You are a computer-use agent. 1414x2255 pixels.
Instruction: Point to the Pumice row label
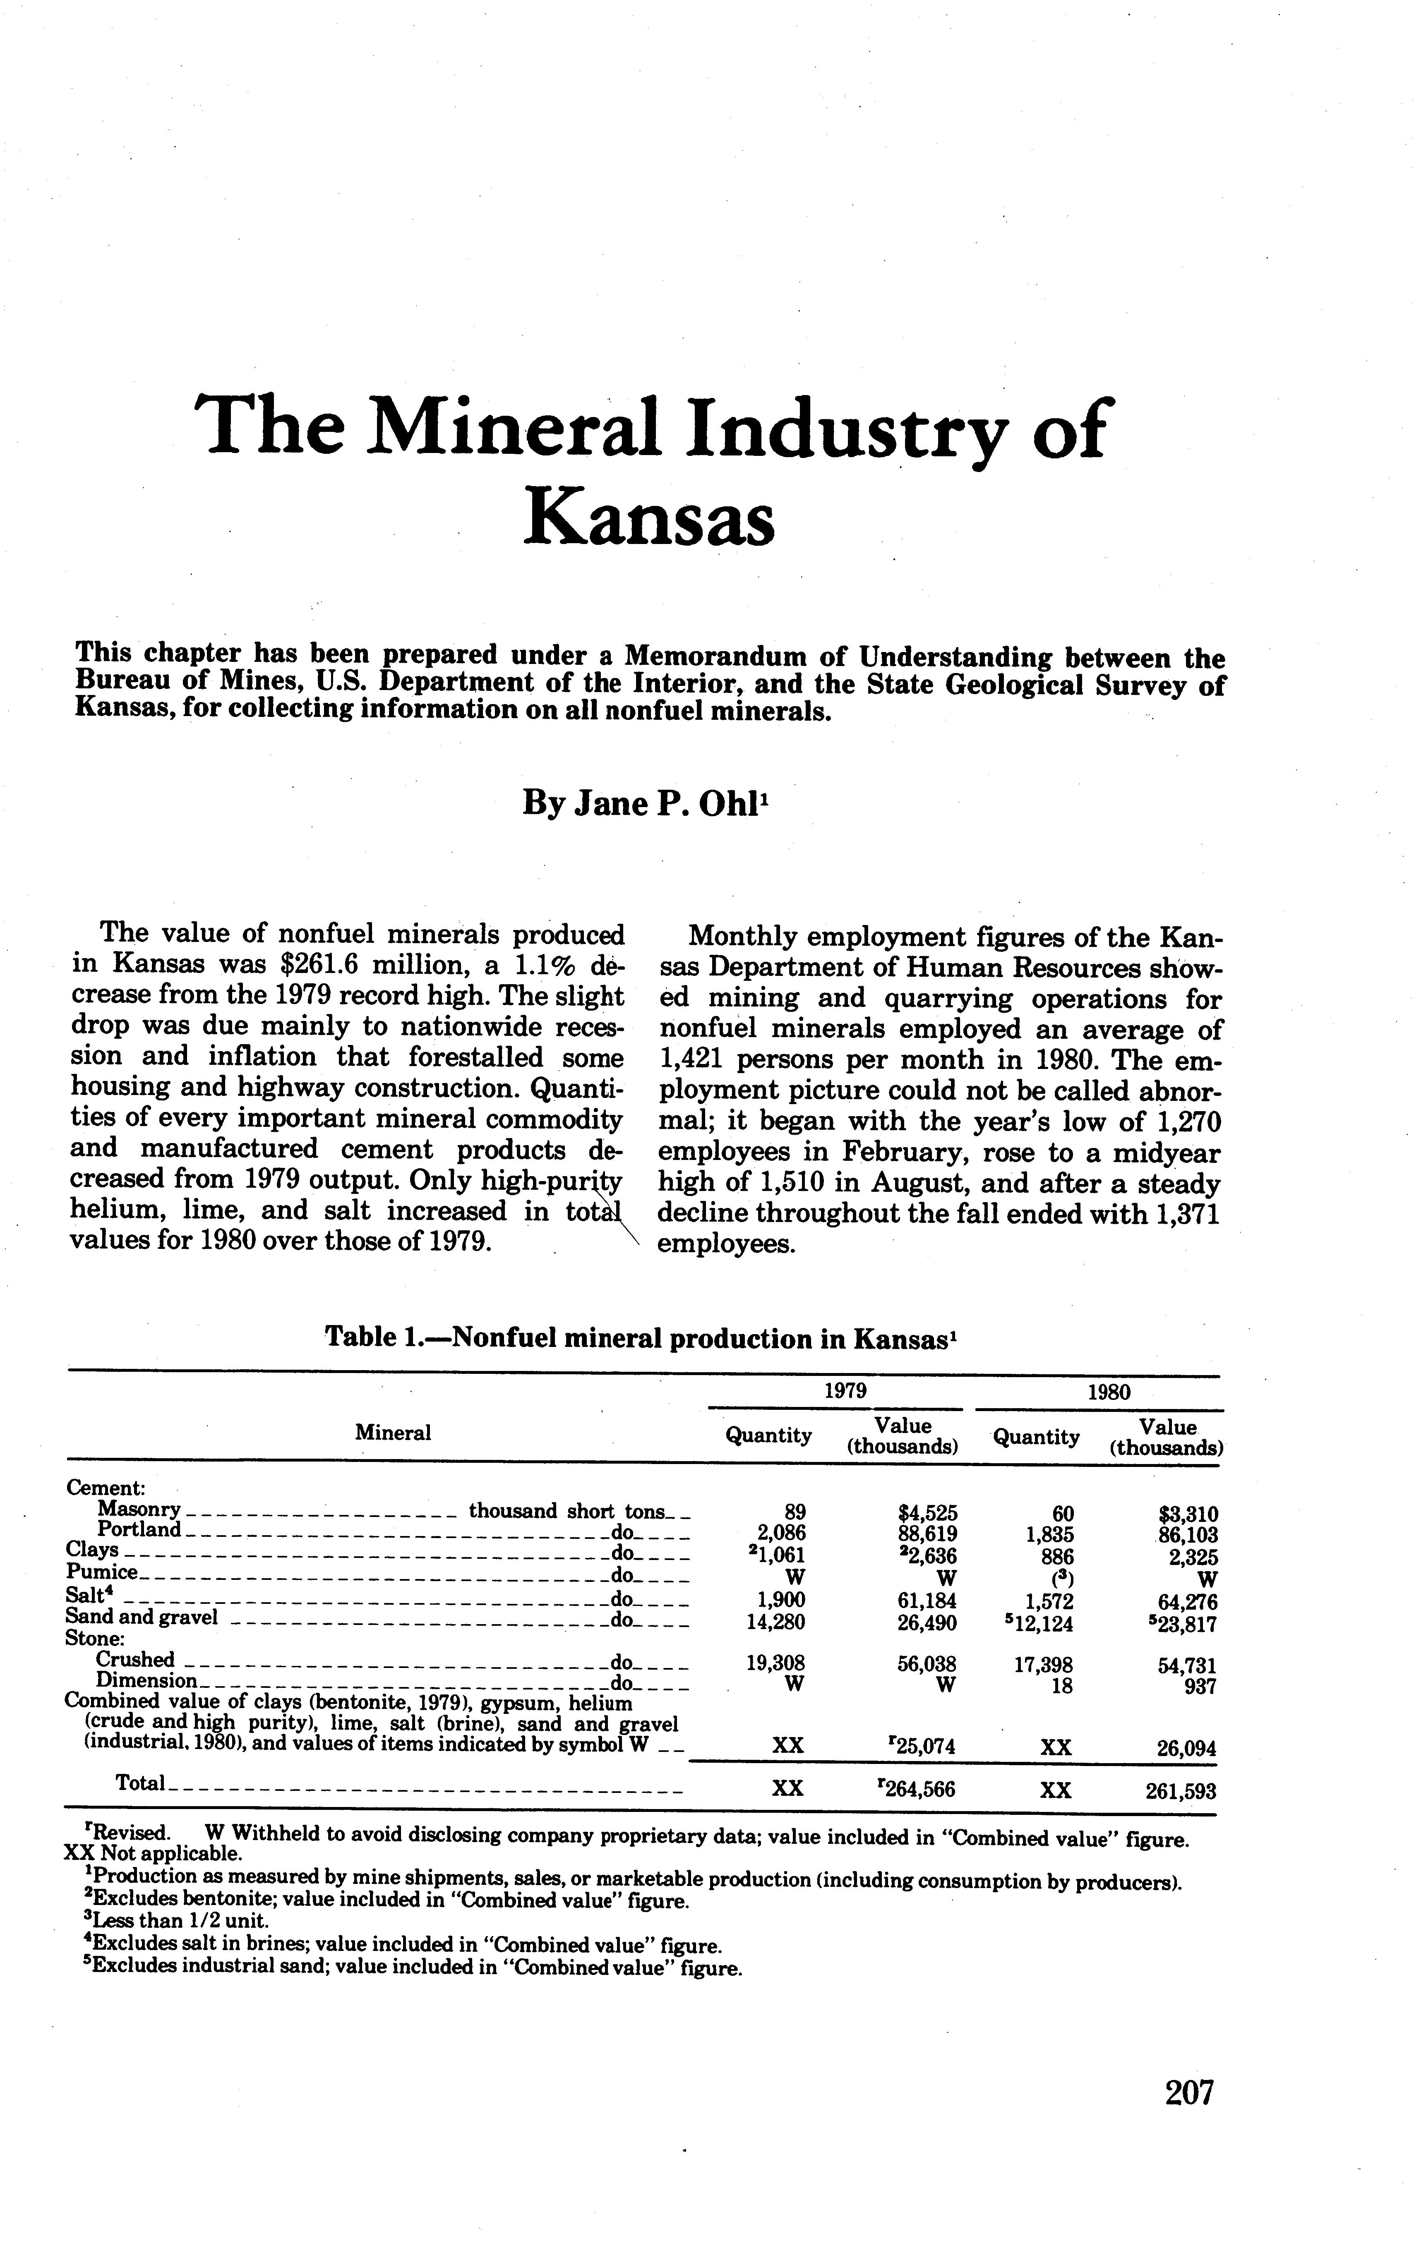[103, 1572]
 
